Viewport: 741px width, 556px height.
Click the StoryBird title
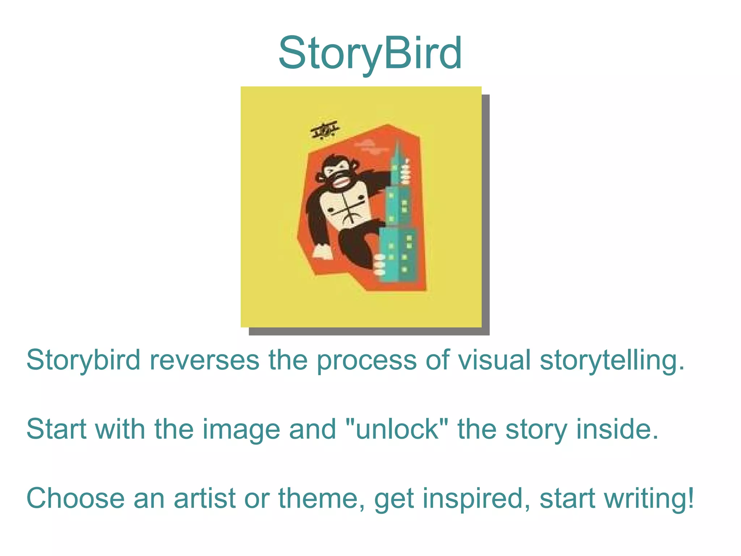tap(370, 53)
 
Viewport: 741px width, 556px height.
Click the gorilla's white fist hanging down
tap(322, 252)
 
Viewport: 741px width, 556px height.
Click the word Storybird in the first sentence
tap(83, 360)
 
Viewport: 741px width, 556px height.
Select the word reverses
tap(204, 360)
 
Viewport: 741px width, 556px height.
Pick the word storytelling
tap(612, 360)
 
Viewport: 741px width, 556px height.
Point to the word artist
tap(205, 498)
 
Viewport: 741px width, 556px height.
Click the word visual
tap(494, 360)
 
